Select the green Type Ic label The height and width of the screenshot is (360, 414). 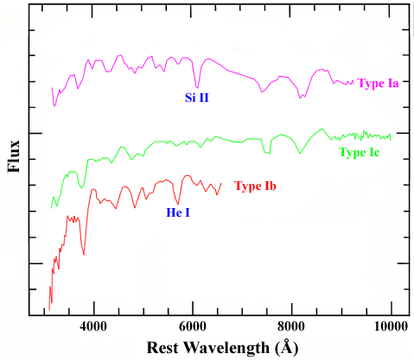(x=360, y=153)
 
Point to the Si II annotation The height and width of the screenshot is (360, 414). (x=197, y=98)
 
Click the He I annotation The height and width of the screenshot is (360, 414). (x=179, y=210)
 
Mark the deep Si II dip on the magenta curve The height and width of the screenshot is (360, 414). (x=197, y=87)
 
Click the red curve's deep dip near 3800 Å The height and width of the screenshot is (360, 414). (x=84, y=254)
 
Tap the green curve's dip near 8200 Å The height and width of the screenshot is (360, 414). (x=300, y=153)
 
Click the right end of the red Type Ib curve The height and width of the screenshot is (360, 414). (x=222, y=183)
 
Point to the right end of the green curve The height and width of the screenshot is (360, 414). (x=391, y=136)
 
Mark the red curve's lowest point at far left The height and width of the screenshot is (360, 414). (x=49, y=308)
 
